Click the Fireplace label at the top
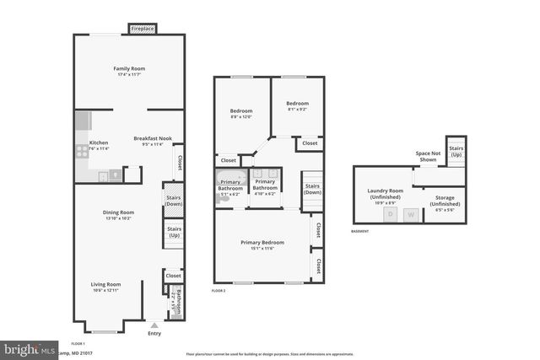coord(142,29)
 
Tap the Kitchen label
coord(99,142)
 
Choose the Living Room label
coord(106,285)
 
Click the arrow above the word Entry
coord(154,324)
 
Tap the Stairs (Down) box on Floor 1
coord(174,201)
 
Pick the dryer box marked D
coord(390,215)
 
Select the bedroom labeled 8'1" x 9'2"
coord(296,105)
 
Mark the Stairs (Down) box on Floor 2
coord(312,189)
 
